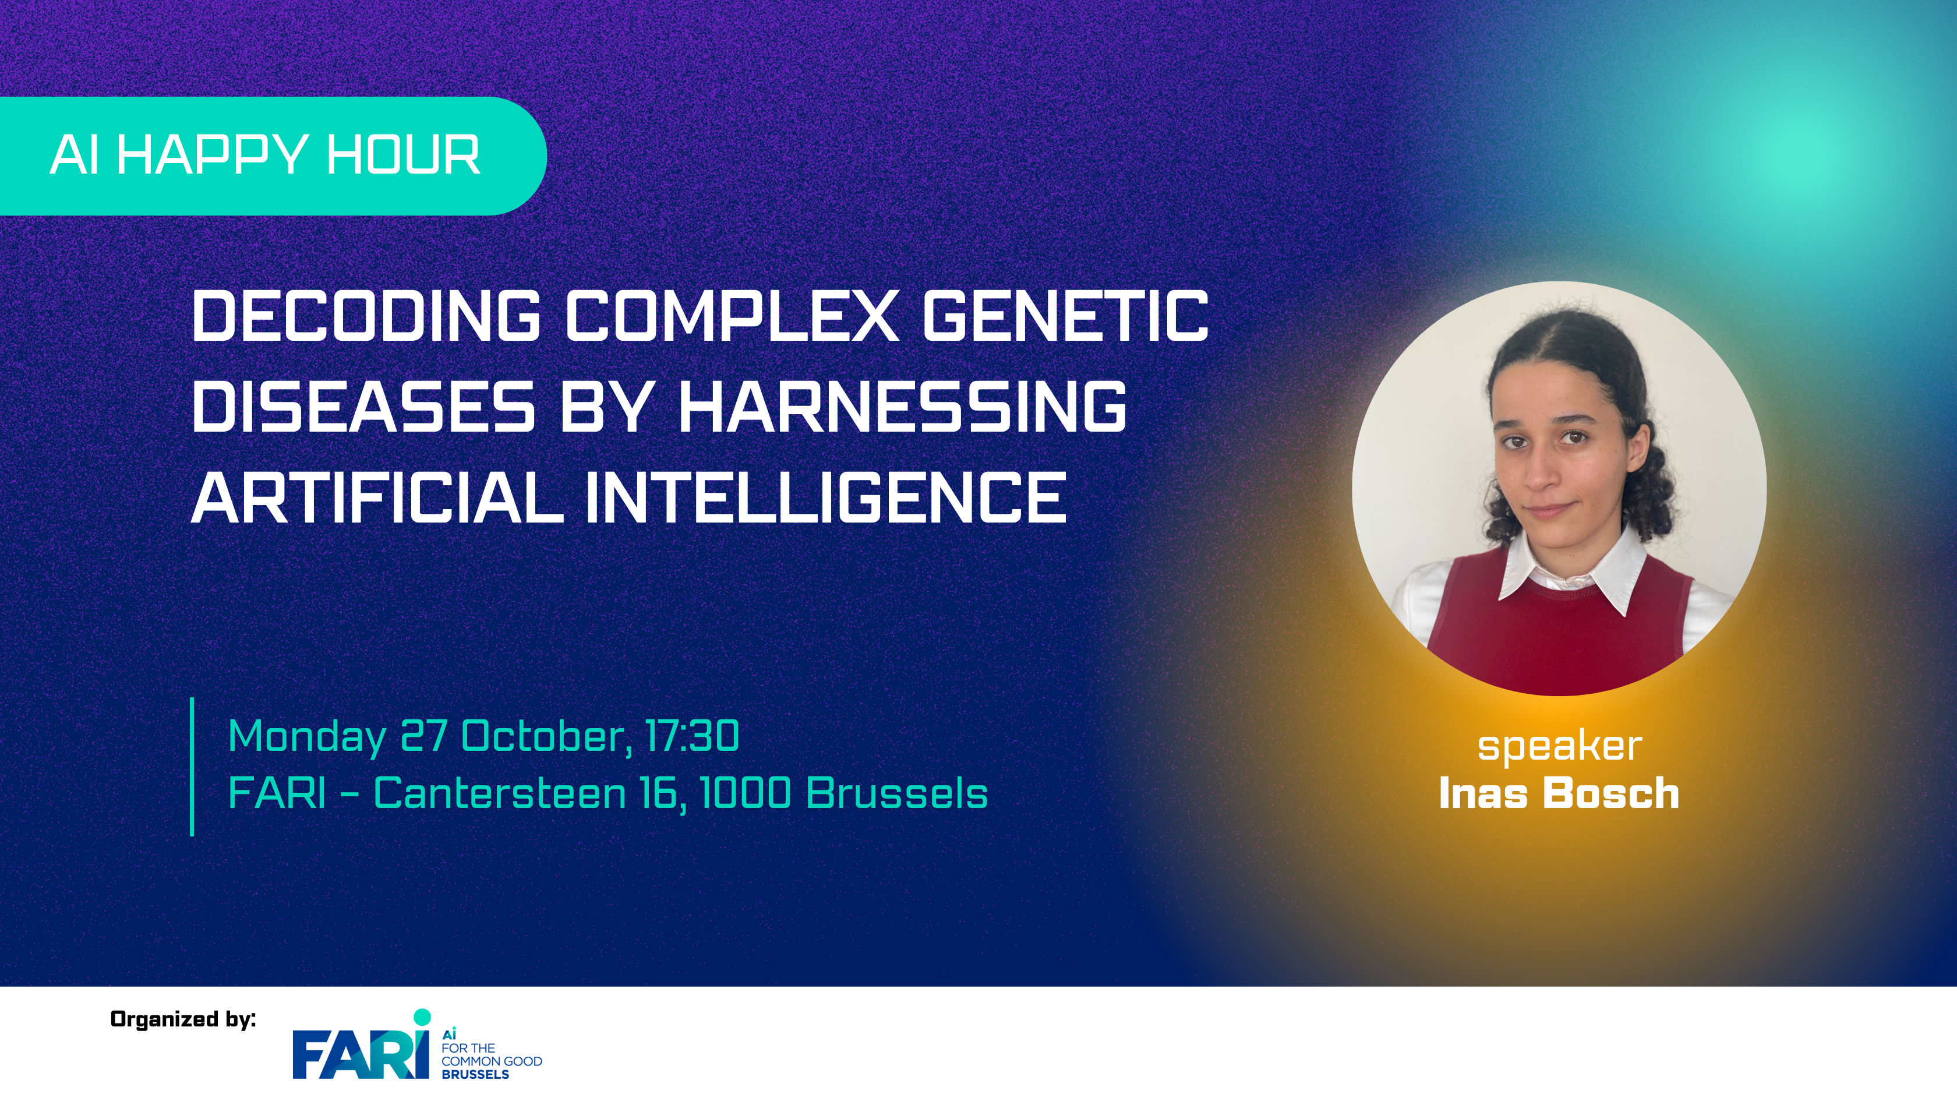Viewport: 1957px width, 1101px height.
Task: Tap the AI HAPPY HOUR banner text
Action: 265,155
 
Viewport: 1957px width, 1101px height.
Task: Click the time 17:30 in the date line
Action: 692,736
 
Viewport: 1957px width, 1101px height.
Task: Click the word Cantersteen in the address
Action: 500,793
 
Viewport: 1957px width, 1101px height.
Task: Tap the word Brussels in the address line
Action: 896,793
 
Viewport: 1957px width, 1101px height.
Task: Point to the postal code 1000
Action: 744,793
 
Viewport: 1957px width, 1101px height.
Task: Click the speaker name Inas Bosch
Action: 1559,793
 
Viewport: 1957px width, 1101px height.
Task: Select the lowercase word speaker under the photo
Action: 1560,747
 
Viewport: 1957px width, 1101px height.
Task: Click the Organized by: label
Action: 183,1019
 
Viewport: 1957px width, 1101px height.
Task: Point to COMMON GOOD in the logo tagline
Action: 492,1061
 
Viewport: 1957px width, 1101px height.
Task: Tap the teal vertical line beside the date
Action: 192,767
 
